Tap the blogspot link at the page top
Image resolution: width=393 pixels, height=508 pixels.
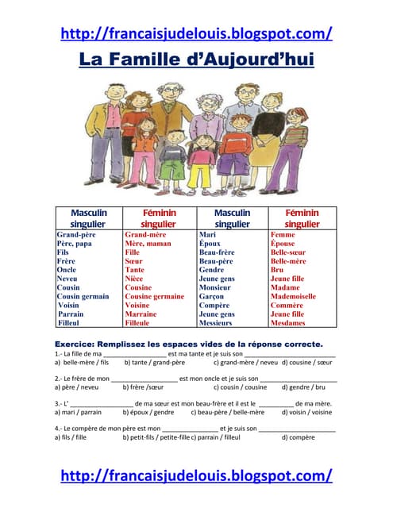click(x=196, y=33)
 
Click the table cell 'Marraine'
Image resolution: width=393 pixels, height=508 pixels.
click(x=141, y=314)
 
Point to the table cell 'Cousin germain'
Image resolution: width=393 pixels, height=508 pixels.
click(x=83, y=296)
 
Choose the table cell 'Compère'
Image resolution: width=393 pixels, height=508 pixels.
click(x=214, y=306)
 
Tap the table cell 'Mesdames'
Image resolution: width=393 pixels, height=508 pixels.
click(x=289, y=323)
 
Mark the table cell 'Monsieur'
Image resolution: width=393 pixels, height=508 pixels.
click(x=216, y=287)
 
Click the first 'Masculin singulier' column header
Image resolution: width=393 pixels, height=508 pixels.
click(x=88, y=218)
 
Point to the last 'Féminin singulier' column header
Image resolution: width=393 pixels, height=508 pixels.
click(x=302, y=218)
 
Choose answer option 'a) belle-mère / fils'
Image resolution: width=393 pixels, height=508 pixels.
click(x=82, y=362)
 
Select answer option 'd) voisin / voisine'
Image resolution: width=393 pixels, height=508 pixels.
click(x=305, y=413)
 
